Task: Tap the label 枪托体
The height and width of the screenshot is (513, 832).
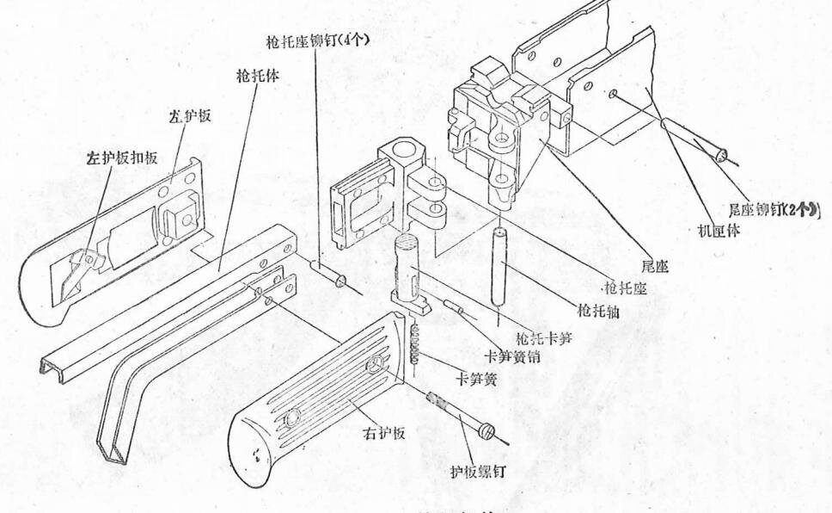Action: click(258, 76)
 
